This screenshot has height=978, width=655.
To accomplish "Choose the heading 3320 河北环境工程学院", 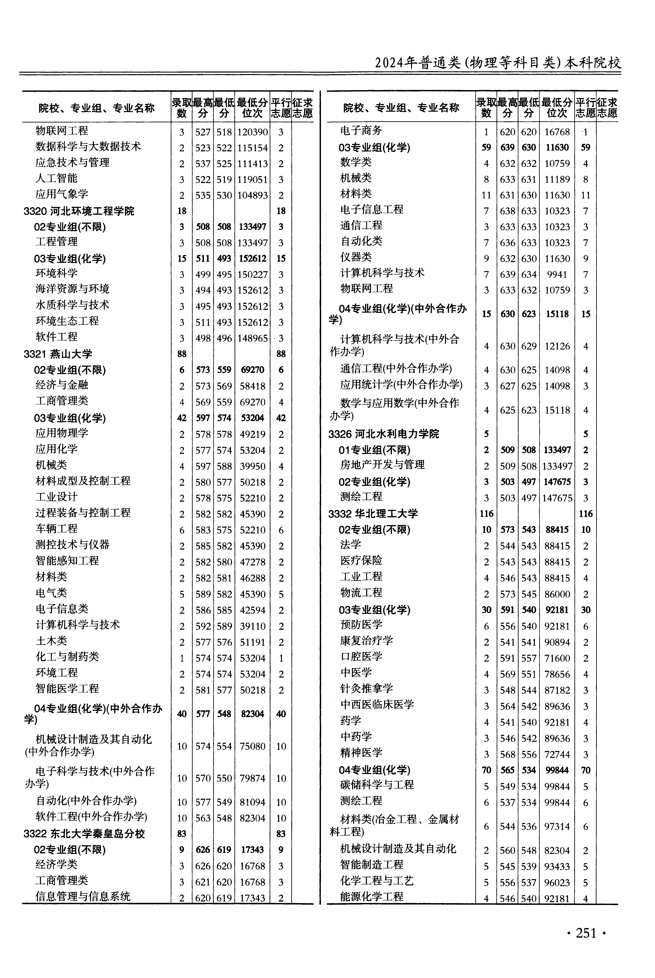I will point(79,211).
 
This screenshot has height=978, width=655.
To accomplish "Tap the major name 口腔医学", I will point(361,657).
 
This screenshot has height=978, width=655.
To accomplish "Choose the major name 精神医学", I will point(361,753).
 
